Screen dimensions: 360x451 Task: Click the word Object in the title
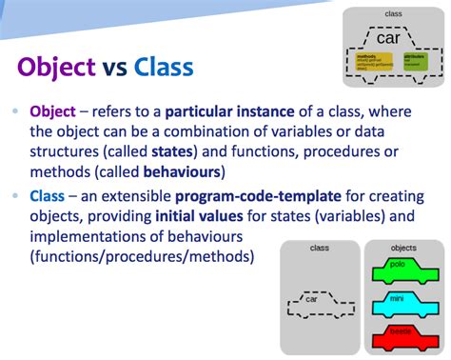56,68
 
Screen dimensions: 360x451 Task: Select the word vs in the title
114,69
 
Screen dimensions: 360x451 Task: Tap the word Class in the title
163,68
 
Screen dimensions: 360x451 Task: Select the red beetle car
404,337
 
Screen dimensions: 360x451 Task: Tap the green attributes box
415,62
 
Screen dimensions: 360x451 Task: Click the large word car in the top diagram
388,39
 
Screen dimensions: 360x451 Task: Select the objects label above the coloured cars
403,249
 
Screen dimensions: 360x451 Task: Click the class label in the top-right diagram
393,13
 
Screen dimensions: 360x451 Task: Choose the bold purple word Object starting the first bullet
54,111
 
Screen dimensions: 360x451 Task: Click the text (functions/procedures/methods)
142,257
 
